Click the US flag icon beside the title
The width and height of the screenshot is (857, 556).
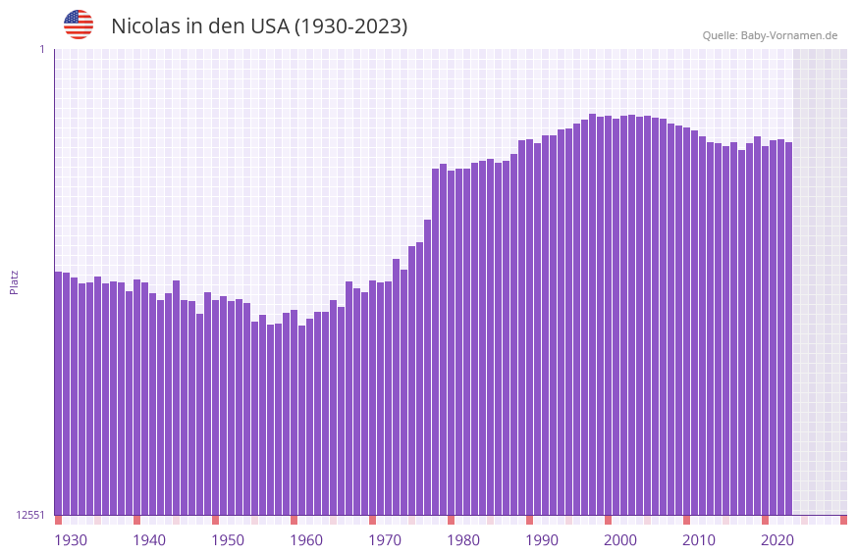click(x=79, y=25)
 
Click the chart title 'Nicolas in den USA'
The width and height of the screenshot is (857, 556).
click(x=259, y=26)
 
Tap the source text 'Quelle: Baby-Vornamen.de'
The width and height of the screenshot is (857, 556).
click(x=770, y=35)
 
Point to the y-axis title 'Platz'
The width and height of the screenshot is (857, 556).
click(x=14, y=281)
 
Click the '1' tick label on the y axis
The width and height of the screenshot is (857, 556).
click(x=42, y=49)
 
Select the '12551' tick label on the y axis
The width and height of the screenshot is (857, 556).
click(x=30, y=515)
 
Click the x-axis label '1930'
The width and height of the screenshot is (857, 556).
click(x=71, y=540)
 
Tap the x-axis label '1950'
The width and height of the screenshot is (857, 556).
click(x=228, y=540)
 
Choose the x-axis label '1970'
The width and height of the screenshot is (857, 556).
click(x=385, y=540)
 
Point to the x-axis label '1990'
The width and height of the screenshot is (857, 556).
click(x=542, y=540)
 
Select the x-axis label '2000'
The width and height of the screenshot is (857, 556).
click(x=620, y=540)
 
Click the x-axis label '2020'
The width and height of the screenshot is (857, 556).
click(x=777, y=540)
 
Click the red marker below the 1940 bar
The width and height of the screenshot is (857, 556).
click(x=136, y=520)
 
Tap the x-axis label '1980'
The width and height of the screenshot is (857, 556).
click(x=463, y=540)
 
